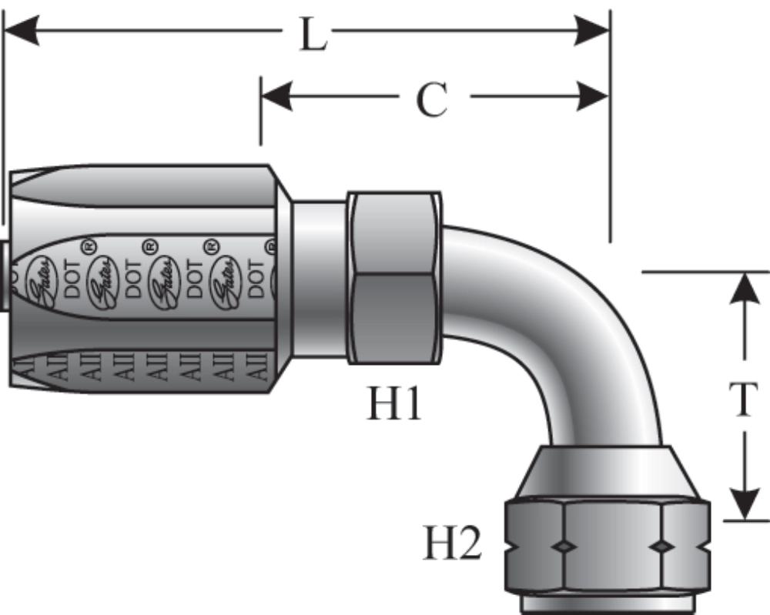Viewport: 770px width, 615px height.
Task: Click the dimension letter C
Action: (x=432, y=99)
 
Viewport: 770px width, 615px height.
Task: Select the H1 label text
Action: (x=393, y=402)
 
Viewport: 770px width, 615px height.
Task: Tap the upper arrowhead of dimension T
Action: (x=744, y=289)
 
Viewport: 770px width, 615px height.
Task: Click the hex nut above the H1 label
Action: (x=394, y=277)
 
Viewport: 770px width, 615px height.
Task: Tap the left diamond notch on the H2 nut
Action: (x=564, y=546)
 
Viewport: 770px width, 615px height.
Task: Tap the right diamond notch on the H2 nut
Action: (x=661, y=546)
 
